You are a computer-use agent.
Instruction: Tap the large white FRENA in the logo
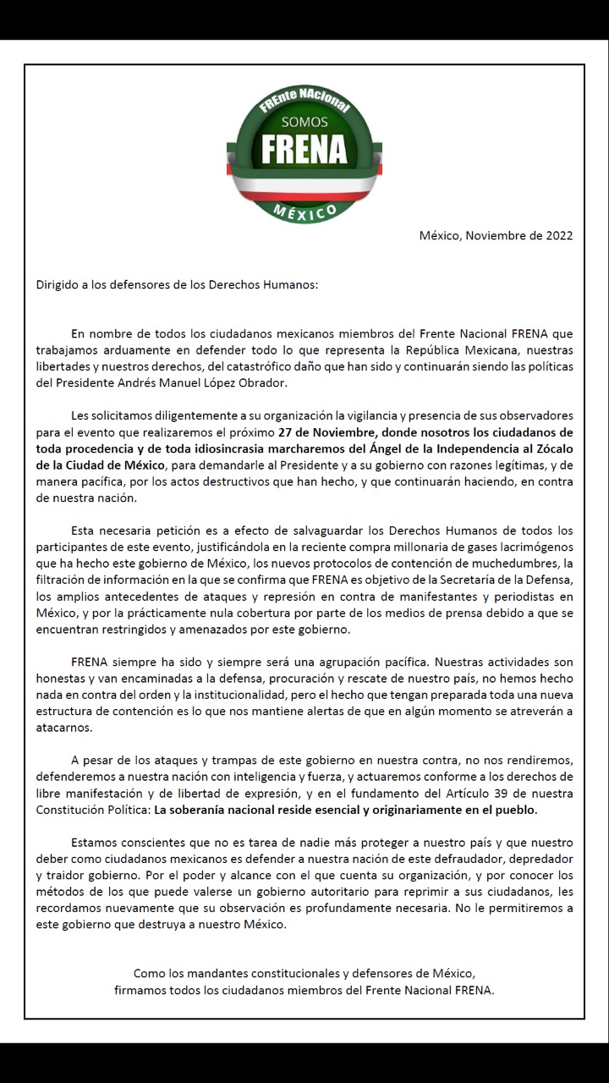click(304, 150)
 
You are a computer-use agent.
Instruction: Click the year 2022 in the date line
click(556, 235)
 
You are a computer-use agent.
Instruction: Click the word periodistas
click(524, 596)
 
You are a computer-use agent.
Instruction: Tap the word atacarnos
click(63, 728)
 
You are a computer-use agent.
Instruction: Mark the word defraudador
click(469, 859)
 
